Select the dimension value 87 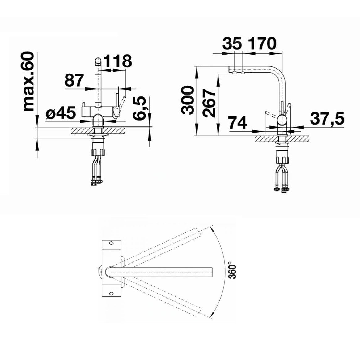(x=74, y=80)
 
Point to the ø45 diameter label (x=61, y=113)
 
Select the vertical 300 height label (x=188, y=100)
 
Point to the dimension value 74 (x=238, y=123)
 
